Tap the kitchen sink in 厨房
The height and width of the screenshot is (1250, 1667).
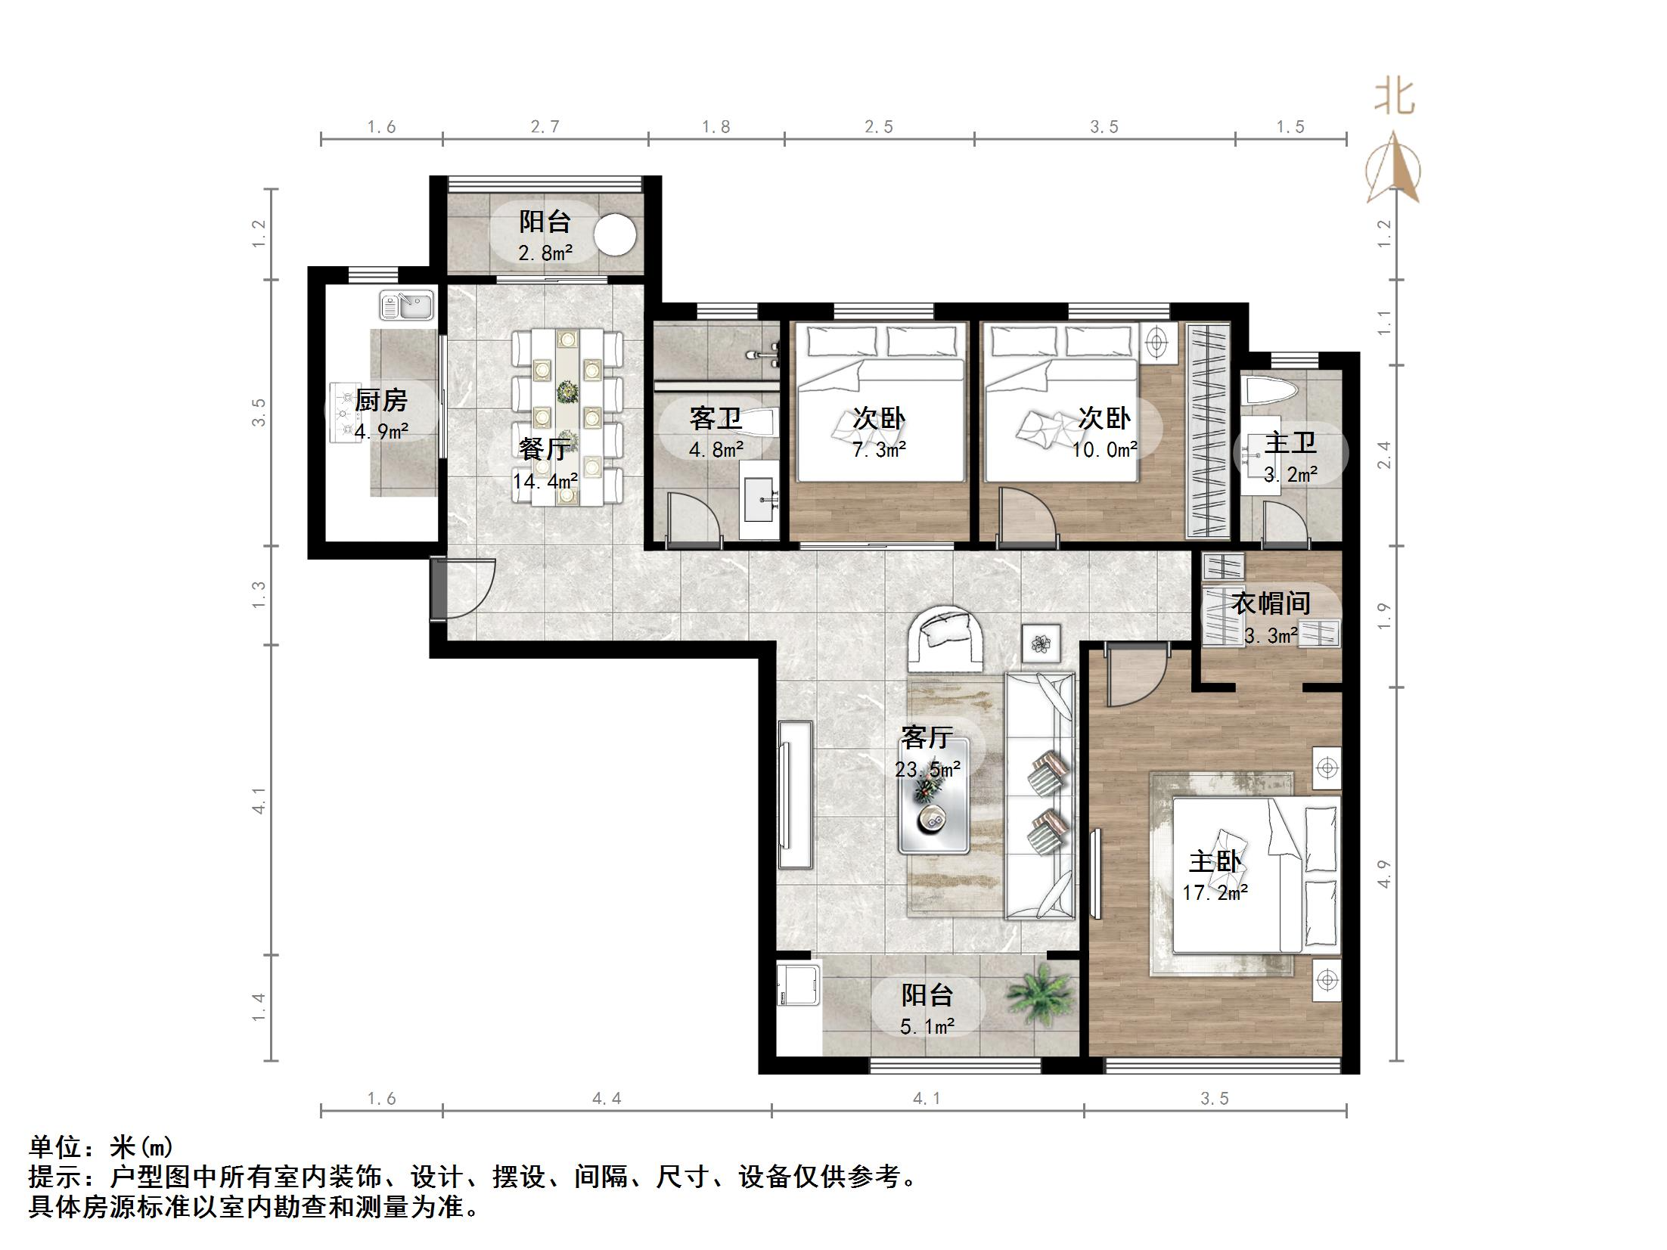[x=406, y=306]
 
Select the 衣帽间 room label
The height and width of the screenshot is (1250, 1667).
[x=1271, y=603]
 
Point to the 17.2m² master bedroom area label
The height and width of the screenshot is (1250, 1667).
[x=1215, y=893]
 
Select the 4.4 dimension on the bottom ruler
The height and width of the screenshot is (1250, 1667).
[x=607, y=1099]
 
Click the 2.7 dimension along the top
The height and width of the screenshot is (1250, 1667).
[x=545, y=127]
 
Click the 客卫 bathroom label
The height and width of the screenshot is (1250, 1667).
[x=716, y=418]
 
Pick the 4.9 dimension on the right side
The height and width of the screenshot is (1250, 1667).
[x=1384, y=873]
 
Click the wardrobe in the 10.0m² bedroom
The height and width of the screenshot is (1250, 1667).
[x=1208, y=430]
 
